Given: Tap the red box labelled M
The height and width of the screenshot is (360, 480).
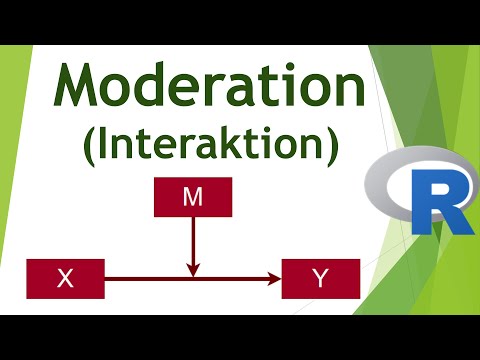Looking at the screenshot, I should pos(193,197).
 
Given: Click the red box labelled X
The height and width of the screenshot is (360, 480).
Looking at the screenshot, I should pos(66,278).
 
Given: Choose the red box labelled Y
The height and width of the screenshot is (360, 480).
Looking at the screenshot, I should pos(320,278).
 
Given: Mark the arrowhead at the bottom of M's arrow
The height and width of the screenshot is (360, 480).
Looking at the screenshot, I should pos(194,268).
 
